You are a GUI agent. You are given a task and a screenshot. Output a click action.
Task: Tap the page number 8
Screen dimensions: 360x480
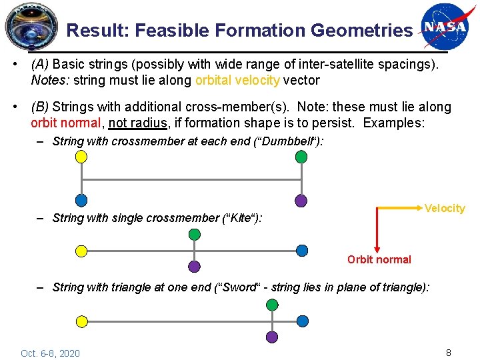coord(449,353)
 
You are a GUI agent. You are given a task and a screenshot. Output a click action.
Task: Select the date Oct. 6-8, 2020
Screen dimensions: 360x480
coord(50,353)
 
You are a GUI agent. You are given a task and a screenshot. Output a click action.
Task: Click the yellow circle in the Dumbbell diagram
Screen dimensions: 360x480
coord(81,157)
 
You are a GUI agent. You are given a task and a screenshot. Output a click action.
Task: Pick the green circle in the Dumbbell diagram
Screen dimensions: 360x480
coord(301,157)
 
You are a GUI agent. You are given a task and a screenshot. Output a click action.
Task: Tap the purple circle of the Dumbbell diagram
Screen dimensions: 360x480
coord(301,200)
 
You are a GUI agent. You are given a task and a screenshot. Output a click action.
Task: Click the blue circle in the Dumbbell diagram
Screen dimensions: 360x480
coord(81,200)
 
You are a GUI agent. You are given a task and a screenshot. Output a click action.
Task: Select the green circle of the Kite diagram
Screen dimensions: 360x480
coord(194,234)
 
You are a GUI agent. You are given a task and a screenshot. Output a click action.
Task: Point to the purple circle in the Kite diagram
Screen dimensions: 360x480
coord(194,267)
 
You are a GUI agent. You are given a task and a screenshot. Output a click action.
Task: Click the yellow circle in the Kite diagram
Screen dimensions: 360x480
coord(81,251)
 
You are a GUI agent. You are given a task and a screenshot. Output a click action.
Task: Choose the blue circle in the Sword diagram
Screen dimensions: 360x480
coord(302,321)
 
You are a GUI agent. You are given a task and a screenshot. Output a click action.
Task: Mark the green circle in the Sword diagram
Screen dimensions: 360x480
coord(272,305)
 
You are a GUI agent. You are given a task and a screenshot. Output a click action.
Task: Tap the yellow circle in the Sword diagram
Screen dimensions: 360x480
coord(81,321)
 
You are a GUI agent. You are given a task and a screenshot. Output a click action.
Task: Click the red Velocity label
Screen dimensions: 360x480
coord(445,209)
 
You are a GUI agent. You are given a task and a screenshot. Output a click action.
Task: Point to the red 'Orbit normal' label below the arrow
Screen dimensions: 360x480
coord(379,259)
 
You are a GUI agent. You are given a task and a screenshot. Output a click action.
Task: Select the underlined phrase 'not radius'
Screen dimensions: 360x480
coord(139,123)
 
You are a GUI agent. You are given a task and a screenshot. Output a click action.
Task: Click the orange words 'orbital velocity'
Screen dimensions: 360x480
coord(237,81)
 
